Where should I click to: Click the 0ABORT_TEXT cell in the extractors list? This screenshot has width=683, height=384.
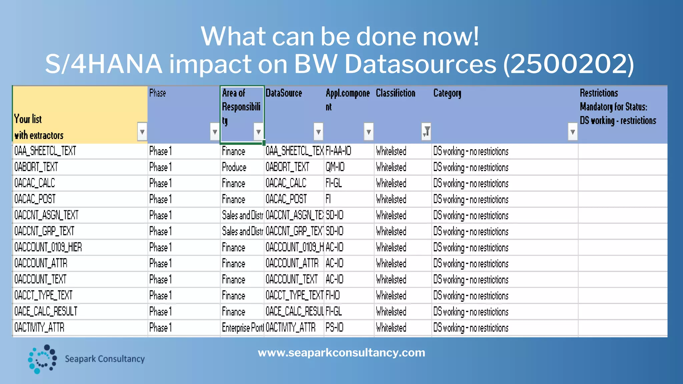click(36, 167)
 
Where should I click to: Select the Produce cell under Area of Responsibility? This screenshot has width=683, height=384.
click(234, 167)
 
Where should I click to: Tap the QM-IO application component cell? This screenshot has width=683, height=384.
click(335, 167)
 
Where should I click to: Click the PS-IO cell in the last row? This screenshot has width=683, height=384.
click(334, 328)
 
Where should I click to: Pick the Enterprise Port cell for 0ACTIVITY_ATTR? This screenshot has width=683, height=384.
click(243, 328)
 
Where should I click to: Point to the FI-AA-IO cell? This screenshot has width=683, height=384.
click(338, 151)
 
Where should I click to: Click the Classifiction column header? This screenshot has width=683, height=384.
click(396, 93)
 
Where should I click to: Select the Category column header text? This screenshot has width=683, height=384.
click(447, 93)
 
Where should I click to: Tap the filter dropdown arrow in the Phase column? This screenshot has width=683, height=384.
click(215, 132)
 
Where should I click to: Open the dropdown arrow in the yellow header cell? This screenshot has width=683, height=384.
click(142, 132)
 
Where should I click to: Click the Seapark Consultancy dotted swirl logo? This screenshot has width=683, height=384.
click(42, 359)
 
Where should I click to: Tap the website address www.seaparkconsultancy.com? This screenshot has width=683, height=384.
click(341, 353)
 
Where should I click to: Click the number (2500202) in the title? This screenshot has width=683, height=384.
click(568, 64)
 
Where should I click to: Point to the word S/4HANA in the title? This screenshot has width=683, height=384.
click(104, 64)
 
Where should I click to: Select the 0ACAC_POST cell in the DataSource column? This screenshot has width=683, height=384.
click(286, 199)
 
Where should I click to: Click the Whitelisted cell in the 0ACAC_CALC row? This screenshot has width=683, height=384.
click(391, 183)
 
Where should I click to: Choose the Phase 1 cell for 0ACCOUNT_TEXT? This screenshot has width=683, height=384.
click(160, 279)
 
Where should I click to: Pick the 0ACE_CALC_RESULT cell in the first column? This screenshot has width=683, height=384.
click(46, 311)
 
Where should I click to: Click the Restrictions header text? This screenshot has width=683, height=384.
click(599, 93)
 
